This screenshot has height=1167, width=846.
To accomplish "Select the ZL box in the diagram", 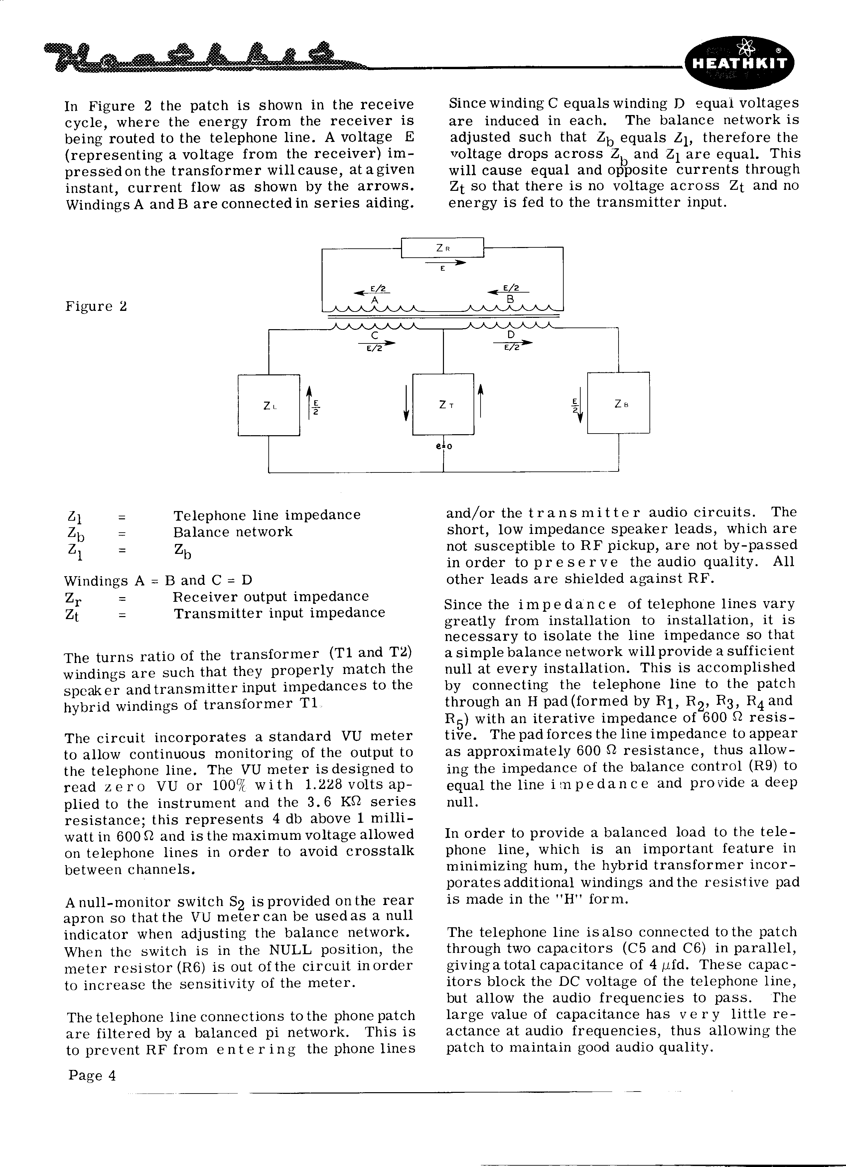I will (x=269, y=405).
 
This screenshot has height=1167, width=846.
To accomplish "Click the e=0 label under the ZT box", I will (x=444, y=446).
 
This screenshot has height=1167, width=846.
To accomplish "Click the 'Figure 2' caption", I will (x=96, y=307).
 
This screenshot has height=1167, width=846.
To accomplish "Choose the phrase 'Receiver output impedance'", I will (x=271, y=596).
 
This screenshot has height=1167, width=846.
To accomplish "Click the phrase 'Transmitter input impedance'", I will (x=279, y=613).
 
